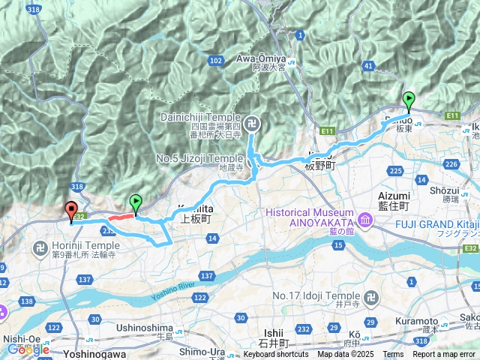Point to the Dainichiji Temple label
pyautogui.click(x=202, y=117)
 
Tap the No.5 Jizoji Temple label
pyautogui.click(x=199, y=159)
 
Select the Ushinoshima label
pyautogui.click(x=145, y=328)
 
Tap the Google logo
pyautogui.click(x=28, y=349)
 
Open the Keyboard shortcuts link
pyautogui.click(x=275, y=355)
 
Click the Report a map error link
pyautogui.click(x=444, y=355)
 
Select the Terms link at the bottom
pyautogui.click(x=393, y=355)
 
